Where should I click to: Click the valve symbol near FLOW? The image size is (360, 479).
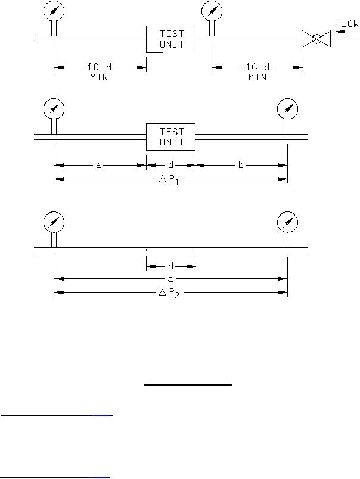316,39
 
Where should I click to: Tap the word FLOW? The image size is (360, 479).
347,23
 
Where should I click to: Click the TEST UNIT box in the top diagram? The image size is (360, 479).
170,39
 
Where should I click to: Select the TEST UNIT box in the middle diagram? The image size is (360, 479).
170,137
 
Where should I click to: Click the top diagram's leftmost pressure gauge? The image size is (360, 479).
54,11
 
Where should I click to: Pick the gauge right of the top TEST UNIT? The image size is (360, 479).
212,11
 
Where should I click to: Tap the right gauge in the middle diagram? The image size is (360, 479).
287,109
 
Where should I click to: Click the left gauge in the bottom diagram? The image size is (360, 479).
54,222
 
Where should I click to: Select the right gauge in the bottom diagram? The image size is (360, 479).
287,222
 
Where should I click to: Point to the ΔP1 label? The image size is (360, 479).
169,180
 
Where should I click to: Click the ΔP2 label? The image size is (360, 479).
169,293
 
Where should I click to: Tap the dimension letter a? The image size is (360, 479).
98,166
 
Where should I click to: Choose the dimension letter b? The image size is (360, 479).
241,165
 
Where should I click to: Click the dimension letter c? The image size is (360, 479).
170,279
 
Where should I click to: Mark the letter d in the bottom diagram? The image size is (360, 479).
171,266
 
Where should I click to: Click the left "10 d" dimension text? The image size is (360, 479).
100,67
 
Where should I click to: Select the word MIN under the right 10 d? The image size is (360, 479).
257,77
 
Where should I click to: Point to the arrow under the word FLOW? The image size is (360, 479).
345,31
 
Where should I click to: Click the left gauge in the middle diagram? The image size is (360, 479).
54,109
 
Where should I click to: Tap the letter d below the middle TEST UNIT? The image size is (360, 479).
171,165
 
